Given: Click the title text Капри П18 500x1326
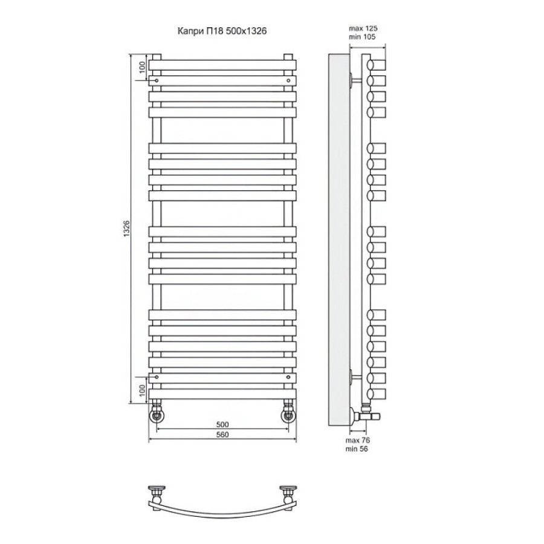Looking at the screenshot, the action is pyautogui.click(x=222, y=31).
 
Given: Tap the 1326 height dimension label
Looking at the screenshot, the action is pyautogui.click(x=127, y=228).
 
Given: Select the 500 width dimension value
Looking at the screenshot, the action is pyautogui.click(x=222, y=424).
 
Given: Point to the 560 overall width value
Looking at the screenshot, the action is pyautogui.click(x=222, y=435).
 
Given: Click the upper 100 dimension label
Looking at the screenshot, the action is pyautogui.click(x=141, y=67).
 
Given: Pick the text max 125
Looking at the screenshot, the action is pyautogui.click(x=363, y=28).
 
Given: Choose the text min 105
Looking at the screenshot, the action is pyautogui.click(x=362, y=37).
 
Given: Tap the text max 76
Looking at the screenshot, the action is pyautogui.click(x=358, y=440).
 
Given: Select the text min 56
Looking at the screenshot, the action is pyautogui.click(x=357, y=449).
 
